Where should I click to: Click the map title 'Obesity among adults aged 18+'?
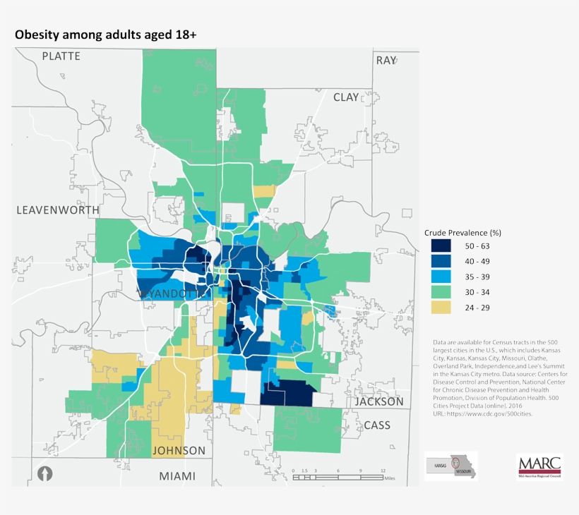point(105,34)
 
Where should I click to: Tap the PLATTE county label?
point(61,56)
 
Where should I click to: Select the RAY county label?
point(386,61)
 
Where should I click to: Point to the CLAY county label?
point(346,97)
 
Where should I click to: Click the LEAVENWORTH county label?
point(56,210)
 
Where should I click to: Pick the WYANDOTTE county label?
point(173,292)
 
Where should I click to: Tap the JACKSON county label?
point(379,401)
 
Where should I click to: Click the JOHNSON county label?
point(179,450)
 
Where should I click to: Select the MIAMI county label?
point(177,476)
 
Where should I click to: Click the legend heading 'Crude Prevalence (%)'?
point(462,232)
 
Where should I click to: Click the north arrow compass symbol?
point(44,474)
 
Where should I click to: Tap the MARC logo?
point(539,466)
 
